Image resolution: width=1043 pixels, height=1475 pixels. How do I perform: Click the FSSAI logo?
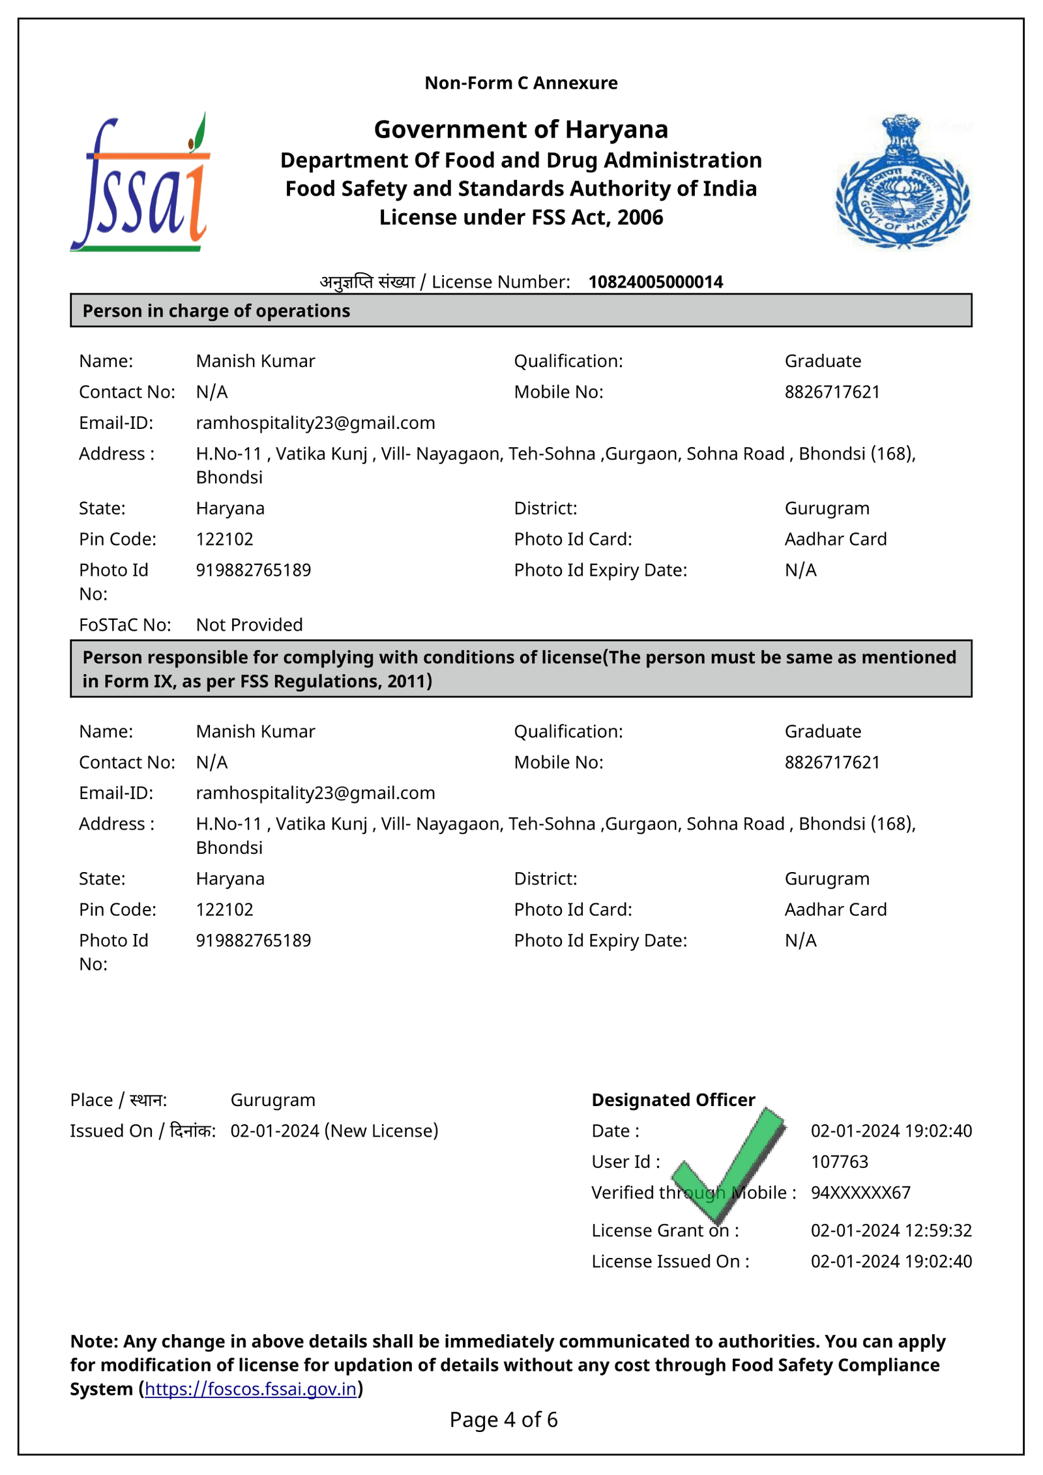pyautogui.click(x=140, y=183)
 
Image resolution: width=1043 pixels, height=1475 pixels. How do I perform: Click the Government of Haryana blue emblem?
pyautogui.click(x=902, y=183)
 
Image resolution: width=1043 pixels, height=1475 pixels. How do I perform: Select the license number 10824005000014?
pyautogui.click(x=655, y=282)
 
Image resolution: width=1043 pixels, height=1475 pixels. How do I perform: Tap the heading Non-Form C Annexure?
pyautogui.click(x=521, y=83)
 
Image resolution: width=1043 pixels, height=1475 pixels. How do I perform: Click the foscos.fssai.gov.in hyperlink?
pyautogui.click(x=250, y=1389)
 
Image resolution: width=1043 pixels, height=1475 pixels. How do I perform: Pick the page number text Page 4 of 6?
pyautogui.click(x=503, y=1420)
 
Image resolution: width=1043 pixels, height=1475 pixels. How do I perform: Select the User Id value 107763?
pyautogui.click(x=840, y=1161)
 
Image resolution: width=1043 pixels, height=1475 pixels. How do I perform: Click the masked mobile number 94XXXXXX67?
pyautogui.click(x=860, y=1193)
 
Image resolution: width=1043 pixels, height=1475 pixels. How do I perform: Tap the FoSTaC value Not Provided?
pyautogui.click(x=249, y=625)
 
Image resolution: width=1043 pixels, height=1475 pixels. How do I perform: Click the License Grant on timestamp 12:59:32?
pyautogui.click(x=891, y=1231)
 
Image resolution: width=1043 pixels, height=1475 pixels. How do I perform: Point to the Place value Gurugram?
pyautogui.click(x=272, y=1100)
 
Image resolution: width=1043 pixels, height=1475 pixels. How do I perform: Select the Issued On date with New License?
pyautogui.click(x=334, y=1131)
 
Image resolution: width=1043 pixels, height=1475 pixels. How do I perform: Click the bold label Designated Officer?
pyautogui.click(x=673, y=1100)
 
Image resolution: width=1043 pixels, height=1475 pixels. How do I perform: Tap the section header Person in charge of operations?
pyautogui.click(x=216, y=311)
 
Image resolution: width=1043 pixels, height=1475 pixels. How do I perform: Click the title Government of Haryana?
pyautogui.click(x=521, y=130)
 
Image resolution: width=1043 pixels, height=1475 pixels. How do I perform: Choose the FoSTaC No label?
pyautogui.click(x=125, y=625)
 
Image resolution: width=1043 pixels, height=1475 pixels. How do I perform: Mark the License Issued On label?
pyautogui.click(x=670, y=1261)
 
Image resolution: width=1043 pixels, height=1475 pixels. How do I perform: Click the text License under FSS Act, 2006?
pyautogui.click(x=521, y=217)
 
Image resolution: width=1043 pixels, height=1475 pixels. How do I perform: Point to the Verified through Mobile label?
pyautogui.click(x=694, y=1193)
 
